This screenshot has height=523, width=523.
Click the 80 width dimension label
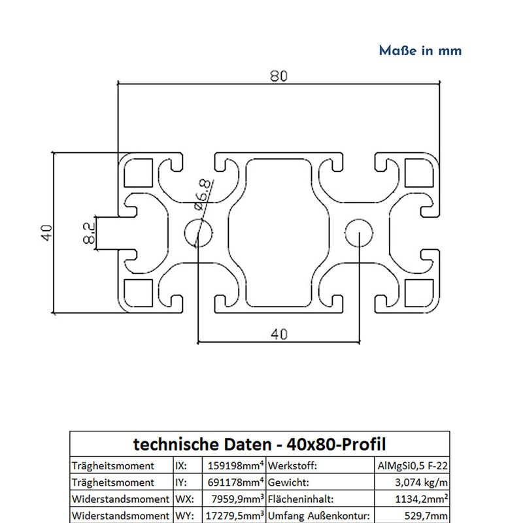pos(278,76)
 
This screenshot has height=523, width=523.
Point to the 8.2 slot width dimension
pos(90,232)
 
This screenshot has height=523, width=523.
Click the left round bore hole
pos(197,233)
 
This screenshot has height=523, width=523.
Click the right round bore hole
pos(359,233)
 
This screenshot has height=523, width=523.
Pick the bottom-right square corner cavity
pos(418,292)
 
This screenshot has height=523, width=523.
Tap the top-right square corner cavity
pos(418,173)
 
